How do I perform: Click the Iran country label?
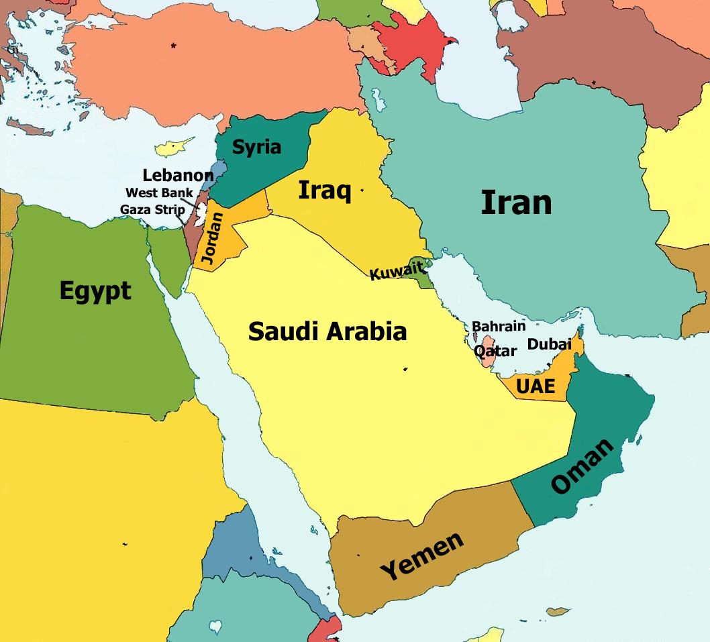516,203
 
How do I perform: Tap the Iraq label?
324,191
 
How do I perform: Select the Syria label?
256,147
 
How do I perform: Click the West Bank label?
159,193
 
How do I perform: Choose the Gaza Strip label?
152,209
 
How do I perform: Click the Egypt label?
95,291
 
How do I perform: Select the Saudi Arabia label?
327,331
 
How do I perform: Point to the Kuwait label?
397,272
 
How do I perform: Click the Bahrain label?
498,327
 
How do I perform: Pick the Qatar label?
495,351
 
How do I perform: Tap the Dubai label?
549,344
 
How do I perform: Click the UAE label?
536,386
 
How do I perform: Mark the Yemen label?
421,556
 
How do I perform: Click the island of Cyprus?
173,146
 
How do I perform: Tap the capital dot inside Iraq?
362,191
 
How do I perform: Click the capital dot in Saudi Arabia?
405,368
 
